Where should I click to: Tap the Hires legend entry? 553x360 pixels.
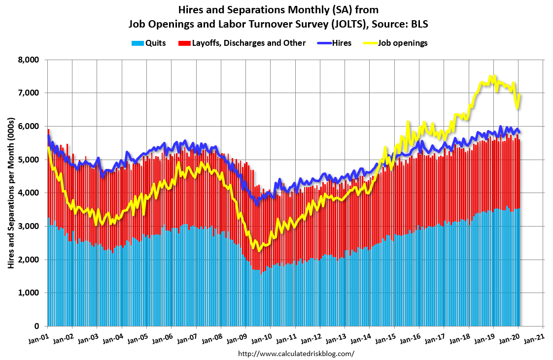[342, 43]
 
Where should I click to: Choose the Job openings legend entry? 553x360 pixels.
[403, 43]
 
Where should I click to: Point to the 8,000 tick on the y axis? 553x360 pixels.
[29, 60]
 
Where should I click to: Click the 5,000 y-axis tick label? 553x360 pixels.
[29, 160]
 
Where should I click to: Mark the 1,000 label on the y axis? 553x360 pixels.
[29, 293]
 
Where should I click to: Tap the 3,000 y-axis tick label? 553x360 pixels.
[29, 227]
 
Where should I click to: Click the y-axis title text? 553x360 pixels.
[10, 193]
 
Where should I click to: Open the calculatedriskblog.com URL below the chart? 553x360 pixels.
[296, 354]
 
